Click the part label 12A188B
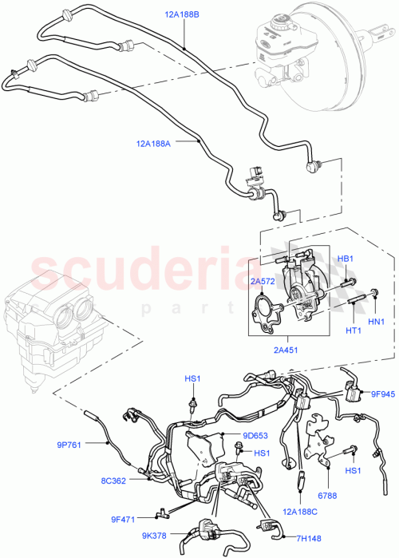183,15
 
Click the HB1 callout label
344,259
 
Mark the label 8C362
113,481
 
